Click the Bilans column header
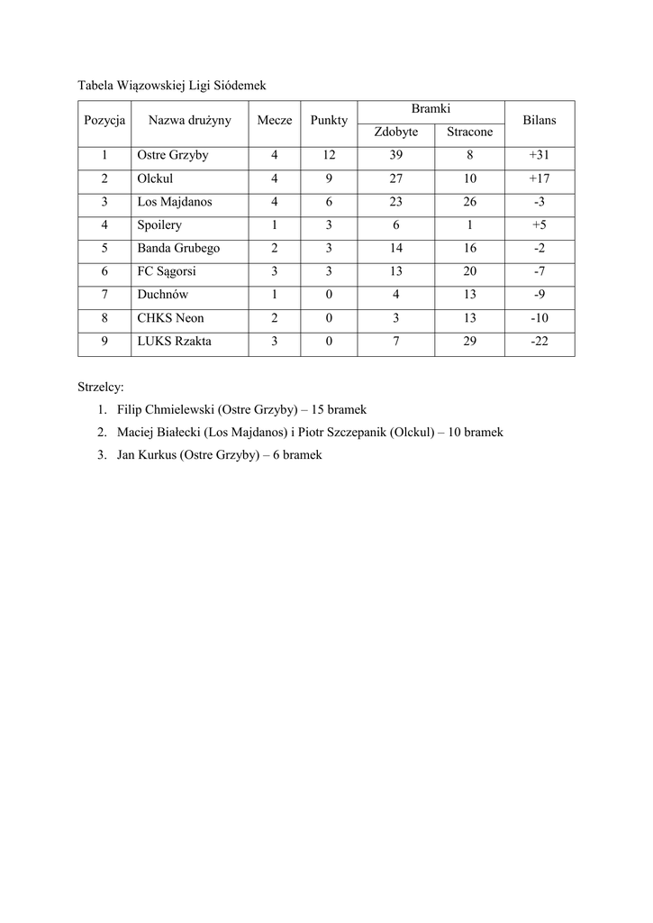point(540,120)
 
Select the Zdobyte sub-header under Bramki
point(396,132)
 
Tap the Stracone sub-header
point(469,132)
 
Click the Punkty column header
point(329,120)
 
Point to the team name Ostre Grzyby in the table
point(172,155)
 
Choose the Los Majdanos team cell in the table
point(175,202)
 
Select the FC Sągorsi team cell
point(167,271)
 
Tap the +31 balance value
point(540,155)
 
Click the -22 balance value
point(540,342)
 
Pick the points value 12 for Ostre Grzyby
point(329,155)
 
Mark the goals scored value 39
point(396,155)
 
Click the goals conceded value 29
point(469,342)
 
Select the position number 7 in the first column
point(104,295)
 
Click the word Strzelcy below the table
point(101,388)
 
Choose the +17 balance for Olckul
point(540,178)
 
